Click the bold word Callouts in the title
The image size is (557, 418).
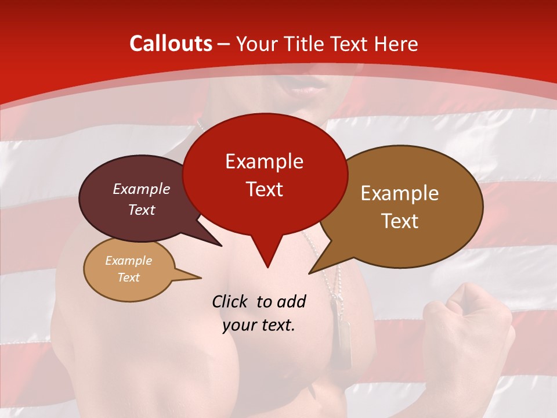click(171, 44)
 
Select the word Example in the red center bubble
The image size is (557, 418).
click(264, 161)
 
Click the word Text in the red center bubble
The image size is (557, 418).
click(264, 189)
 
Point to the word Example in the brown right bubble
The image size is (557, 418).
click(400, 193)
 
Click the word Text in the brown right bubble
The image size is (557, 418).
click(400, 221)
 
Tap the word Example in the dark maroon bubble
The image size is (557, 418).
click(142, 189)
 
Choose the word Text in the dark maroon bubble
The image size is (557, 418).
click(142, 210)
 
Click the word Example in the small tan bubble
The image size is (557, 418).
click(128, 261)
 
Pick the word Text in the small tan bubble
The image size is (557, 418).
click(128, 278)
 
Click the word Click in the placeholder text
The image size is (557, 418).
click(232, 301)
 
